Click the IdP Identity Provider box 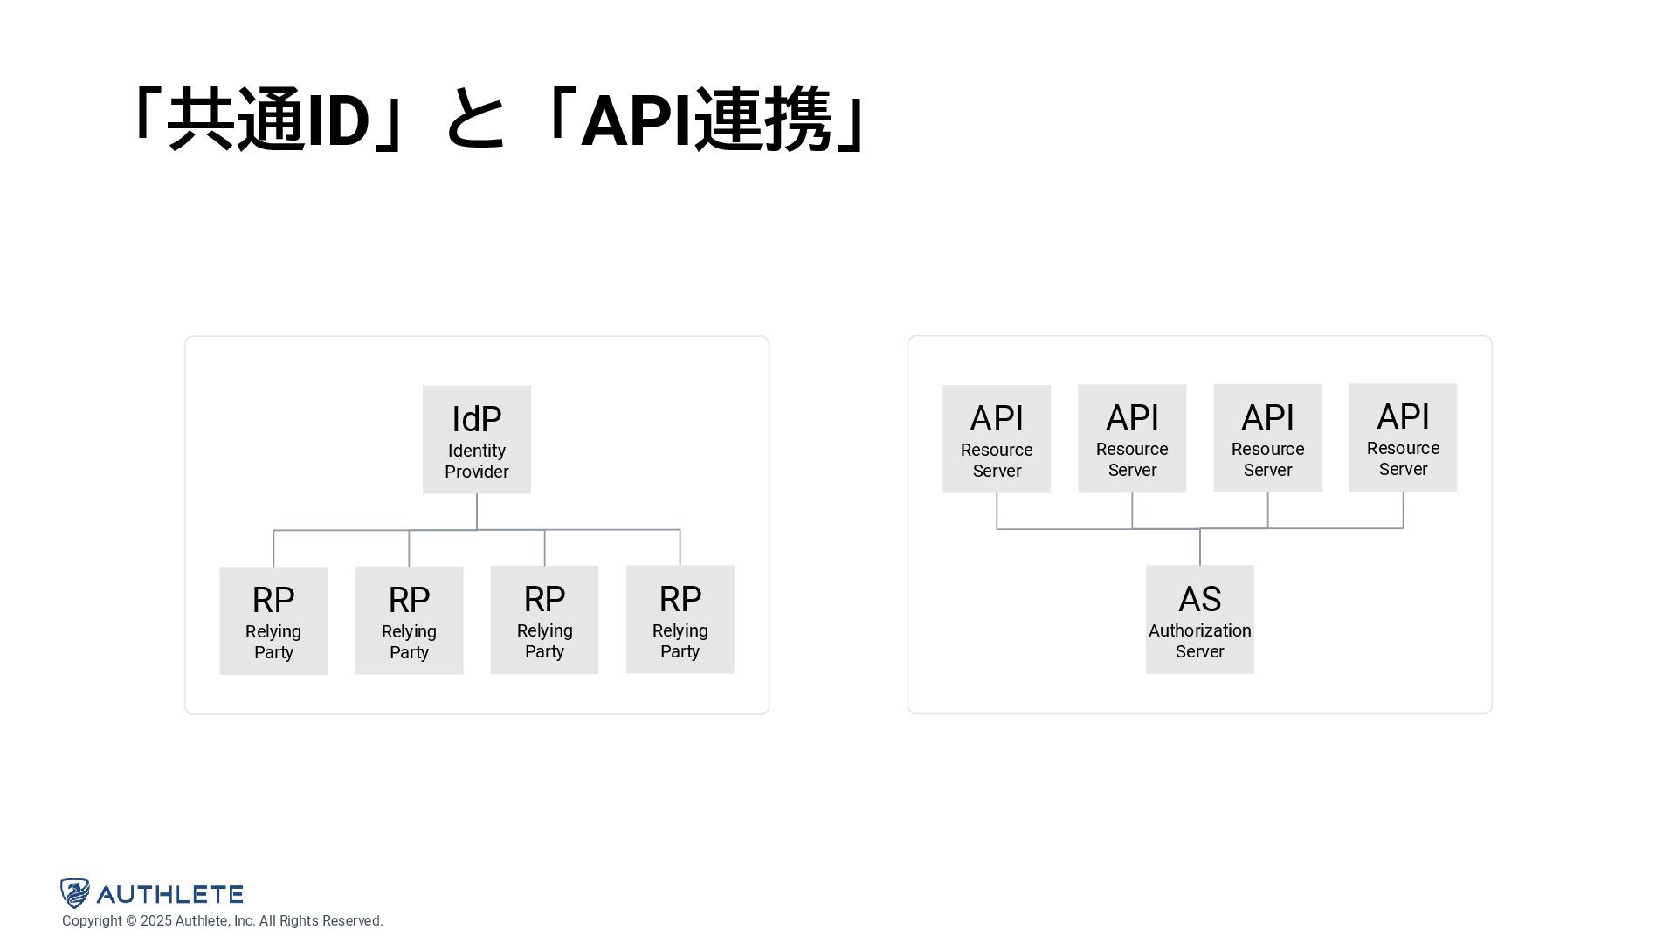click(x=476, y=439)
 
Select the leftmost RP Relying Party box click(x=273, y=620)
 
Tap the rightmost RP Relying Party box click(x=680, y=619)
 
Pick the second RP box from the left click(x=409, y=620)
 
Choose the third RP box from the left click(x=544, y=619)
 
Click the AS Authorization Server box click(x=1199, y=619)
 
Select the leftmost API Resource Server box click(x=997, y=438)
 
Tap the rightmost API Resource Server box click(x=1403, y=437)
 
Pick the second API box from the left click(x=1132, y=438)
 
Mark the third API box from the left click(x=1267, y=437)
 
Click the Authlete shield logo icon click(x=75, y=893)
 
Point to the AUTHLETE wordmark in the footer click(x=169, y=894)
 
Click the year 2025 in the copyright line click(x=155, y=921)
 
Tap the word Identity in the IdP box click(x=476, y=451)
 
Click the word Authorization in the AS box click(x=1199, y=630)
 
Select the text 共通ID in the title click(x=267, y=120)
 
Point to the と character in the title click(x=475, y=120)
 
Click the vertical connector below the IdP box click(x=477, y=512)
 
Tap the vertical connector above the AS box click(x=1200, y=547)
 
